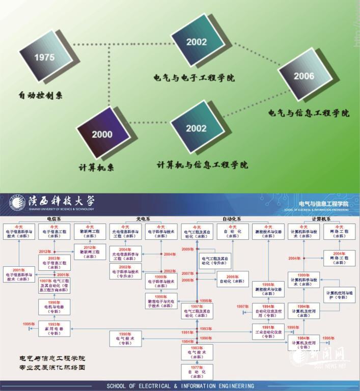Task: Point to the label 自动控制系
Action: click(x=41, y=95)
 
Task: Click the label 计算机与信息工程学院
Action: click(x=202, y=165)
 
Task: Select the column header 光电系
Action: click(x=144, y=219)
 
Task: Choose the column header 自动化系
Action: click(x=232, y=219)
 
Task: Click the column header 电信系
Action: click(x=54, y=219)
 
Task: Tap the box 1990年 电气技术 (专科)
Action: click(x=125, y=339)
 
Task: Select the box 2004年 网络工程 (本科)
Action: click(x=340, y=258)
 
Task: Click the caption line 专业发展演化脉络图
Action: click(x=51, y=367)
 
